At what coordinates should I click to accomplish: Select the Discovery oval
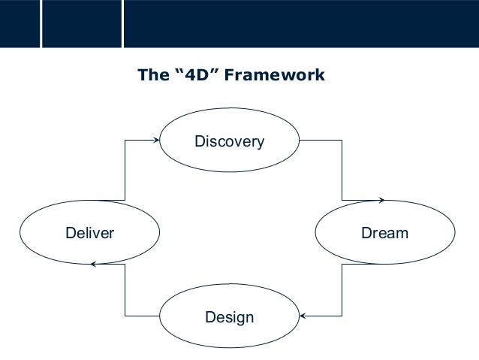point(229,141)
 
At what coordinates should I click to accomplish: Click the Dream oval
point(384,233)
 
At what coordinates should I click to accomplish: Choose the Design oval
point(229,317)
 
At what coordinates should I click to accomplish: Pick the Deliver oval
point(89,233)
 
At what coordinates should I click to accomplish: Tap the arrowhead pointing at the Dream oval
point(381,200)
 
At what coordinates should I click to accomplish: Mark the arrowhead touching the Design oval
point(303,316)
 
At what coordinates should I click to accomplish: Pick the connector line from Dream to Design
point(342,293)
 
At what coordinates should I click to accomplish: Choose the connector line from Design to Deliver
point(125,293)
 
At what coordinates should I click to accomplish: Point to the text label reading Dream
point(384,233)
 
